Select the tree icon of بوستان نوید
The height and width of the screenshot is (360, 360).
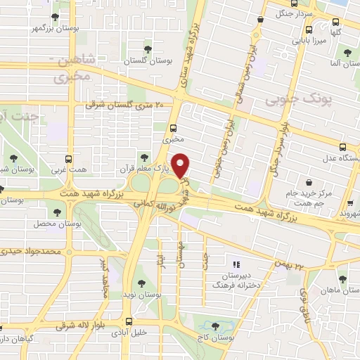click(x=141, y=283)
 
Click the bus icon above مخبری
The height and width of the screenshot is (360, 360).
click(x=172, y=127)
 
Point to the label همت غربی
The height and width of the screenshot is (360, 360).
click(x=68, y=172)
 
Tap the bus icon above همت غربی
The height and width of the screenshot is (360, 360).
click(x=68, y=159)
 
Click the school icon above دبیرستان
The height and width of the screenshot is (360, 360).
click(x=236, y=264)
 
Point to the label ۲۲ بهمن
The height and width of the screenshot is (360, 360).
click(x=300, y=266)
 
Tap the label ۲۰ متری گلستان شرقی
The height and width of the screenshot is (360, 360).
click(x=129, y=104)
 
